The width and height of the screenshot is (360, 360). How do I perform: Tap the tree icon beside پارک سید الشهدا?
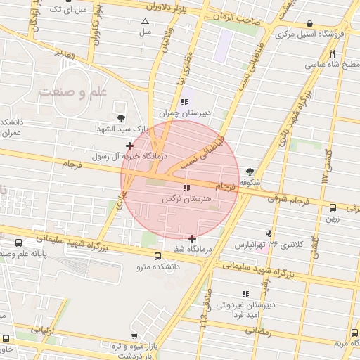(121, 117)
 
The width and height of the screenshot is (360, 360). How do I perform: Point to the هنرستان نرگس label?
(186, 200)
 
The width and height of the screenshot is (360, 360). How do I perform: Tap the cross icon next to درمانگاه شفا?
(193, 238)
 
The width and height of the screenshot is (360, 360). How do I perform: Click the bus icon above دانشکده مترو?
(157, 256)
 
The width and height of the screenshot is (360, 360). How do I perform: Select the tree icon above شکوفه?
(250, 170)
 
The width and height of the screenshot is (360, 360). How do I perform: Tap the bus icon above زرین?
(333, 207)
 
